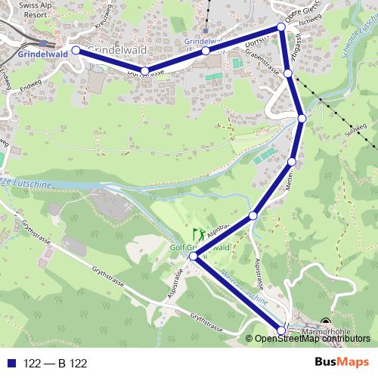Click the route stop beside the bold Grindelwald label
point(76,51)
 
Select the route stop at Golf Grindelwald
point(194,257)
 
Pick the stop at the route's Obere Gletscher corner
point(281,27)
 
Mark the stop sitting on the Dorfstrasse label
point(144,72)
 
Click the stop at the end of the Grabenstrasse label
point(288,73)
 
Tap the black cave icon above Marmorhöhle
point(326,321)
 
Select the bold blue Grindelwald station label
point(36,54)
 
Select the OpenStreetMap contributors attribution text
point(314,339)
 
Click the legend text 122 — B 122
point(55,363)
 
